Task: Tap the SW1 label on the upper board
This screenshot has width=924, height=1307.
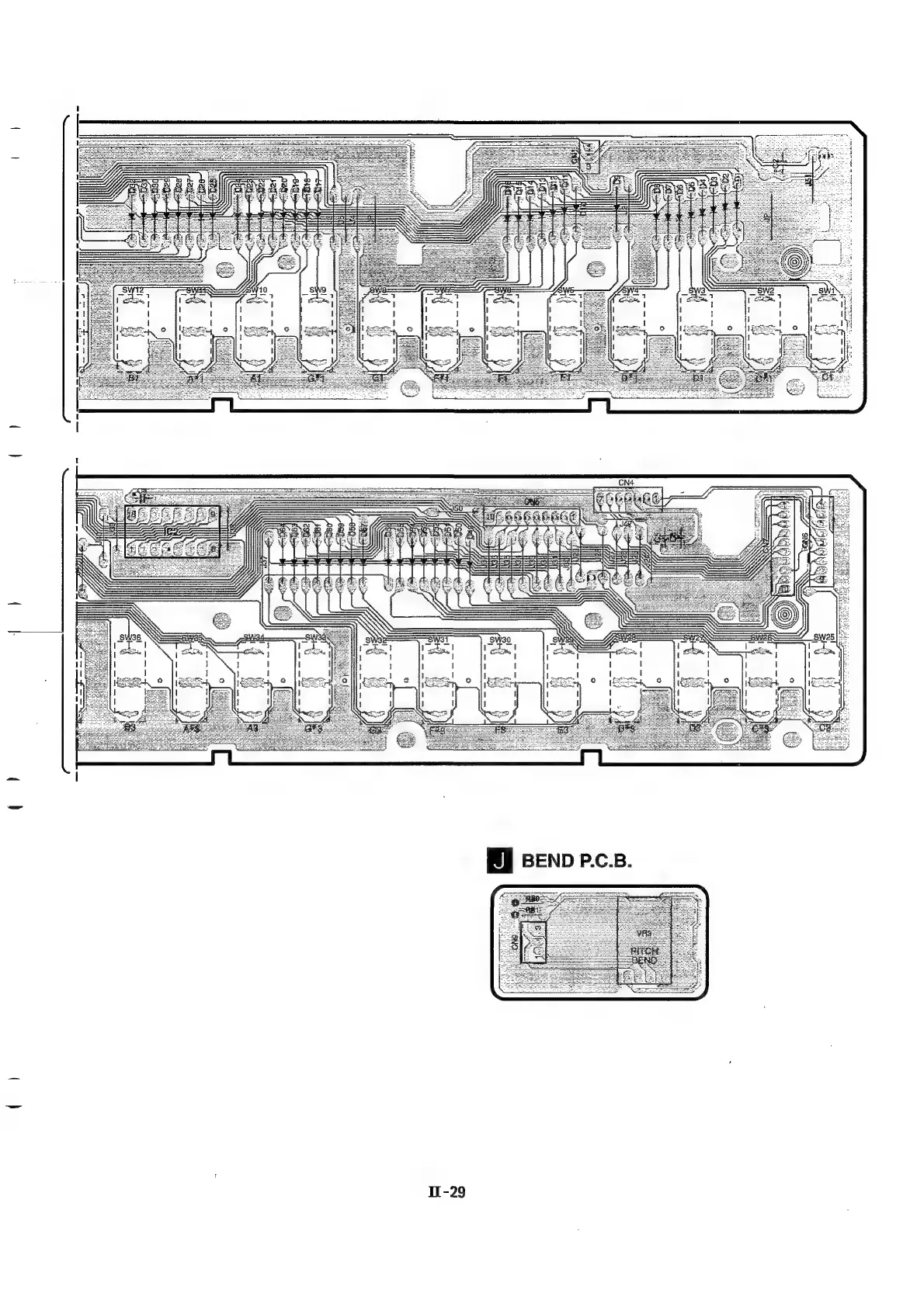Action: [x=825, y=290]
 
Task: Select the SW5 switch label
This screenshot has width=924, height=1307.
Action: [x=565, y=290]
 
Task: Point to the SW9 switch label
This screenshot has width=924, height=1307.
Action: [x=318, y=290]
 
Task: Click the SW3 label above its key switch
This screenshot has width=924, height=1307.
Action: [x=696, y=290]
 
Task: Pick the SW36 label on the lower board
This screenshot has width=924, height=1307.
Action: [x=130, y=637]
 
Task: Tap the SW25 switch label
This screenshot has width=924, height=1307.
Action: [x=824, y=637]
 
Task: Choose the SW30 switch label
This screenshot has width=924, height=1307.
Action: [x=500, y=639]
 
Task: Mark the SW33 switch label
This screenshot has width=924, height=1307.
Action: [x=315, y=638]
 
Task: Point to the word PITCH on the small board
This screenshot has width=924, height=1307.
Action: [x=644, y=951]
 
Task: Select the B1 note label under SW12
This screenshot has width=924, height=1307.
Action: [x=133, y=379]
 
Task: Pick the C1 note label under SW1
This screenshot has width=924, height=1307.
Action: [x=827, y=377]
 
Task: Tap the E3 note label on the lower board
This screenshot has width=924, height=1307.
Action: [x=562, y=729]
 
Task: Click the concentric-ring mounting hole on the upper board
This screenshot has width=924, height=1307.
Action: [x=794, y=262]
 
